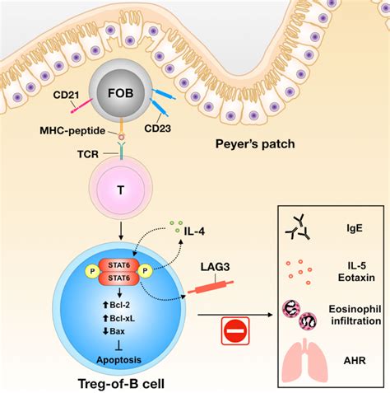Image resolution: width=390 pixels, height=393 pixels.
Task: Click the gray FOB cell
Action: click(x=121, y=93)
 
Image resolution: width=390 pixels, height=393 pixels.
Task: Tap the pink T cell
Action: click(x=121, y=189)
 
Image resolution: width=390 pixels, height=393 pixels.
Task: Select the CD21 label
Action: click(x=66, y=95)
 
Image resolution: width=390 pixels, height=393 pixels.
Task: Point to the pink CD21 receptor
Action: click(x=81, y=106)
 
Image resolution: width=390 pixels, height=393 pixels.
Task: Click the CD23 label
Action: click(x=158, y=129)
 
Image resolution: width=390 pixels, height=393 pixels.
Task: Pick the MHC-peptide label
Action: click(x=72, y=131)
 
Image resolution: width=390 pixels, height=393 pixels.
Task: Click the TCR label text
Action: click(x=88, y=154)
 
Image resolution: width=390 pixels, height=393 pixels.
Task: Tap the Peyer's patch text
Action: click(x=255, y=144)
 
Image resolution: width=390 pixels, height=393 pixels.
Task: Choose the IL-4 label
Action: click(x=194, y=232)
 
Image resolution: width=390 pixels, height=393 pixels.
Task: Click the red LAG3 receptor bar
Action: click(x=211, y=287)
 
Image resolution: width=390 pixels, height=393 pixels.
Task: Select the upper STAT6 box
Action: click(x=119, y=265)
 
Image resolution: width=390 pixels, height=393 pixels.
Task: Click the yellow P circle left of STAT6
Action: click(x=93, y=271)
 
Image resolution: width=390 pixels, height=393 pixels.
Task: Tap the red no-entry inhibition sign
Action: click(x=235, y=331)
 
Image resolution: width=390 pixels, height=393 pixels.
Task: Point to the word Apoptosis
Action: click(x=119, y=360)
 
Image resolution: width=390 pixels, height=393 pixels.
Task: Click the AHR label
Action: click(x=355, y=360)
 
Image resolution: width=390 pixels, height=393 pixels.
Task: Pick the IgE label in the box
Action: click(x=355, y=228)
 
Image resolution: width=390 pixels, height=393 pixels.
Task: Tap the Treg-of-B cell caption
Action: click(x=121, y=383)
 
